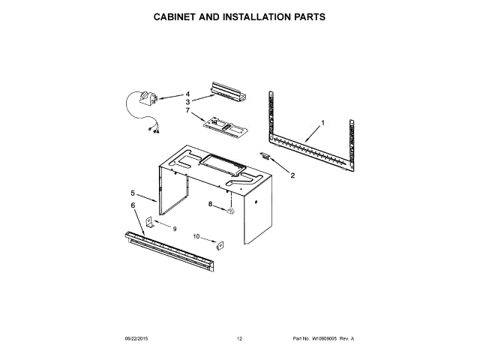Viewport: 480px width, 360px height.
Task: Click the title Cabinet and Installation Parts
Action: (x=240, y=16)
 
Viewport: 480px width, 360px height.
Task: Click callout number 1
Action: (x=322, y=122)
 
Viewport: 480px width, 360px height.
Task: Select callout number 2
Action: (x=292, y=175)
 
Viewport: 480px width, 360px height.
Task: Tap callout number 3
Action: (x=188, y=101)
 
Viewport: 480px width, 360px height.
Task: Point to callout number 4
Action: (x=188, y=94)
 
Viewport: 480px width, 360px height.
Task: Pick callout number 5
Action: (x=133, y=193)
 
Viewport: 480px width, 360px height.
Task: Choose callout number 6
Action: (x=133, y=205)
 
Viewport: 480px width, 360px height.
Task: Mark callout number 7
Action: (x=188, y=110)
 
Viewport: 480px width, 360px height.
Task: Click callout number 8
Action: (x=211, y=204)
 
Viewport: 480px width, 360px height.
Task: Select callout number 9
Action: (x=175, y=228)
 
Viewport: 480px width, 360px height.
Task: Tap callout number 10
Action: (x=197, y=236)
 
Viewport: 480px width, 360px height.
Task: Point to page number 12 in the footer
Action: (x=240, y=339)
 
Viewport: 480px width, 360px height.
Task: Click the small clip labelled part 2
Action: (x=265, y=156)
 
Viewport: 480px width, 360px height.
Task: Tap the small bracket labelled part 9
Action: (x=150, y=222)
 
